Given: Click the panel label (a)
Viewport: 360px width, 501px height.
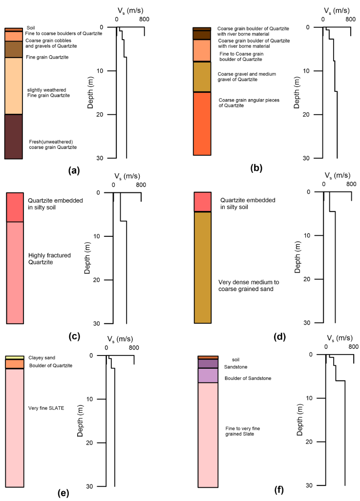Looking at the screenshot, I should point(73,170).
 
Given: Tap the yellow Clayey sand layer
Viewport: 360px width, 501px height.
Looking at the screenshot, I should point(15,357).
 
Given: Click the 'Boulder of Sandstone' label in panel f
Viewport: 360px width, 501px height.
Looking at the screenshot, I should point(248,378).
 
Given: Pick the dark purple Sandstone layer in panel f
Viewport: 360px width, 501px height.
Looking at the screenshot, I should point(208,364).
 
